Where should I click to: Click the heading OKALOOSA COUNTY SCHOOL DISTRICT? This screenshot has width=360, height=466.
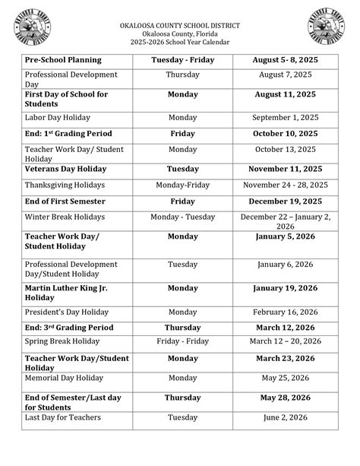click(x=179, y=25)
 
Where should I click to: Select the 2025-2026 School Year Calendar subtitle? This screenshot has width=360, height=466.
click(x=179, y=43)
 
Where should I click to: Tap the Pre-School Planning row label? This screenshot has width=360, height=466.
click(x=63, y=60)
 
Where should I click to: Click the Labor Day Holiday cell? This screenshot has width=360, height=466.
click(x=58, y=118)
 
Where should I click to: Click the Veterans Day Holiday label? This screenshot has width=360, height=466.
click(x=65, y=169)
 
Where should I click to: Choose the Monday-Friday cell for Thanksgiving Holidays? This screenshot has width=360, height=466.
click(x=182, y=185)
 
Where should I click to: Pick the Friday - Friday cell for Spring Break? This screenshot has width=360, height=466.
click(x=182, y=342)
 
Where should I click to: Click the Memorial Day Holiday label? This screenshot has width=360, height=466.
click(x=64, y=378)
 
